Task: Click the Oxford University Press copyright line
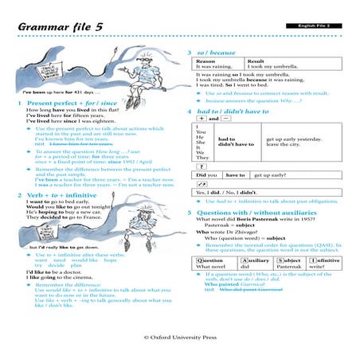(x=180, y=338)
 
